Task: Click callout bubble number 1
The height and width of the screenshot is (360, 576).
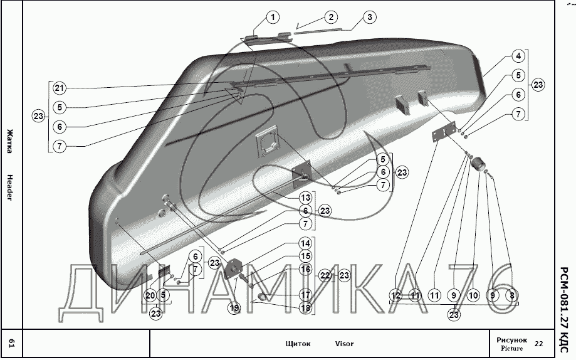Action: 273,18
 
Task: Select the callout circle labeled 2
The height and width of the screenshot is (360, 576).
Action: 330,18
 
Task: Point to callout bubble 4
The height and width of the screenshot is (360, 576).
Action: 518,56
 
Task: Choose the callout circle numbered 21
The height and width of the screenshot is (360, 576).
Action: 59,88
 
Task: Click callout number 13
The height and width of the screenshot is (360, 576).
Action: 305,197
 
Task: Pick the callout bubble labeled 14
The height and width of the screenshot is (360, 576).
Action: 305,243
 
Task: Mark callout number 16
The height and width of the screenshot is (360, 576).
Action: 305,269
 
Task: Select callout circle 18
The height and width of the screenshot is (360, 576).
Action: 305,308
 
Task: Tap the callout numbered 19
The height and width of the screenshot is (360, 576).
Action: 234,308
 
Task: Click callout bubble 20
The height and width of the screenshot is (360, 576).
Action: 150,295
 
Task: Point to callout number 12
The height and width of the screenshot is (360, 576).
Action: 396,295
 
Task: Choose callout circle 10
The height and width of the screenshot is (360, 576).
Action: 473,295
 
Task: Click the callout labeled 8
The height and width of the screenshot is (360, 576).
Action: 512,295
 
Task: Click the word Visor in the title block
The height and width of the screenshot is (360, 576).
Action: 344,344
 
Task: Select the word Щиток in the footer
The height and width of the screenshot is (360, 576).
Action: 298,344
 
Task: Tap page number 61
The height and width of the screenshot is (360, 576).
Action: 11,342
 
